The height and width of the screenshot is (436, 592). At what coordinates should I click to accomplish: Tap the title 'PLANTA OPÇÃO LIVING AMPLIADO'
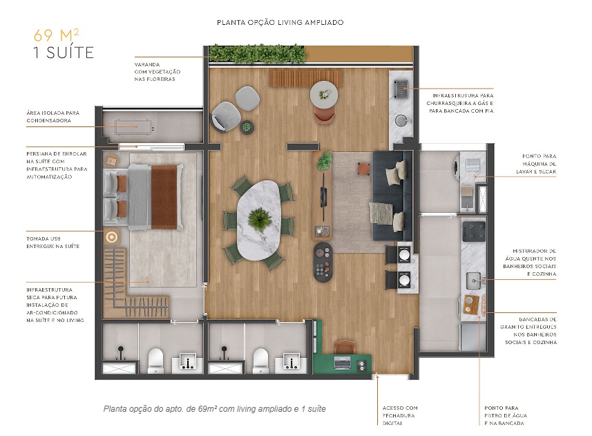[280, 23]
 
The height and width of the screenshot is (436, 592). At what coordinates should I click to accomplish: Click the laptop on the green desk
[341, 361]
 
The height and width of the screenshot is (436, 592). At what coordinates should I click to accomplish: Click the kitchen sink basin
[474, 279]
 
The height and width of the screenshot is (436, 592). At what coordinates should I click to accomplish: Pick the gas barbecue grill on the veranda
[401, 88]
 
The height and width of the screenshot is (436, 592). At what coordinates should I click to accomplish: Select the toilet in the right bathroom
[260, 359]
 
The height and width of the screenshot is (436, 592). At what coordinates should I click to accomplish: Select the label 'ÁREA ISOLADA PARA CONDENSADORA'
[53, 115]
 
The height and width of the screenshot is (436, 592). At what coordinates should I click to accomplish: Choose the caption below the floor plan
[214, 409]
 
